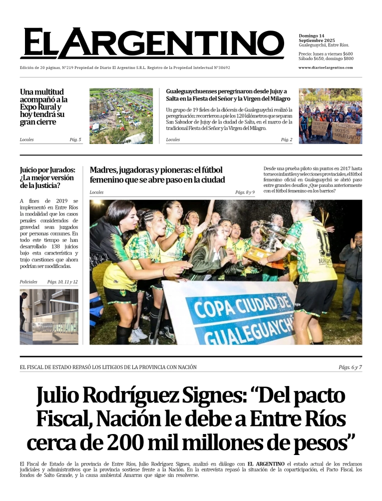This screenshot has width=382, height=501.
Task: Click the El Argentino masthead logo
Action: (x=152, y=43)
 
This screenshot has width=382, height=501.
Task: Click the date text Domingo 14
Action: (x=312, y=36)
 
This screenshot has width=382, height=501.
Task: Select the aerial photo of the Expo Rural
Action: (x=121, y=116)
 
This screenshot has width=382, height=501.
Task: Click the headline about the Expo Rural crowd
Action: (x=43, y=106)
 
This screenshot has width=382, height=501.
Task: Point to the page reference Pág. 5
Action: (x=75, y=139)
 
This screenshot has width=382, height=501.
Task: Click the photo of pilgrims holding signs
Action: (x=330, y=116)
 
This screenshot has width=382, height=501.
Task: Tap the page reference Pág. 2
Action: (x=287, y=139)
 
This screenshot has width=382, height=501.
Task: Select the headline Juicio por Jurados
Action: (x=47, y=177)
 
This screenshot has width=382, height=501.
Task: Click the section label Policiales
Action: (x=28, y=282)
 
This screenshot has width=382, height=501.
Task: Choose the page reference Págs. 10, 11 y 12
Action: (x=62, y=282)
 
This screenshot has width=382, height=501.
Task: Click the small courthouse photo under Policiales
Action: (x=49, y=317)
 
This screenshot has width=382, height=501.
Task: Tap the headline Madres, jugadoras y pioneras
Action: (x=157, y=174)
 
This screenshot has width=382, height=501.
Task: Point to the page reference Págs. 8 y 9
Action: (x=245, y=192)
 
